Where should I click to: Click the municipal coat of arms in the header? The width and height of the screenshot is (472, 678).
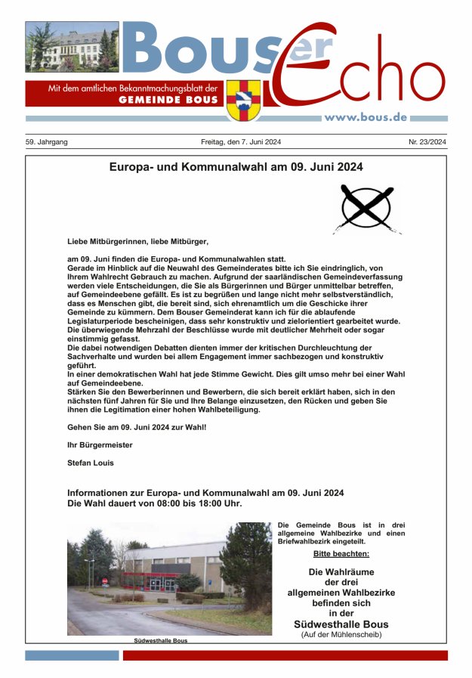point(243,100)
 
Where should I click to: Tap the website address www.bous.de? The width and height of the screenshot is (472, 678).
point(366,116)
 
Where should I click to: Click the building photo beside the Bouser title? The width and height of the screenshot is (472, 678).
point(72,47)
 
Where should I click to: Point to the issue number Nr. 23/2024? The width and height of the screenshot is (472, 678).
point(427,141)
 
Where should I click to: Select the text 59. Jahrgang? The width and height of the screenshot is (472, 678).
point(47,141)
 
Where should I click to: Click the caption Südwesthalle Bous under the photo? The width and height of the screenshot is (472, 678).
point(160,640)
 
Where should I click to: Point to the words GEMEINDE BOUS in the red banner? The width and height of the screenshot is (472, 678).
point(168,100)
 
